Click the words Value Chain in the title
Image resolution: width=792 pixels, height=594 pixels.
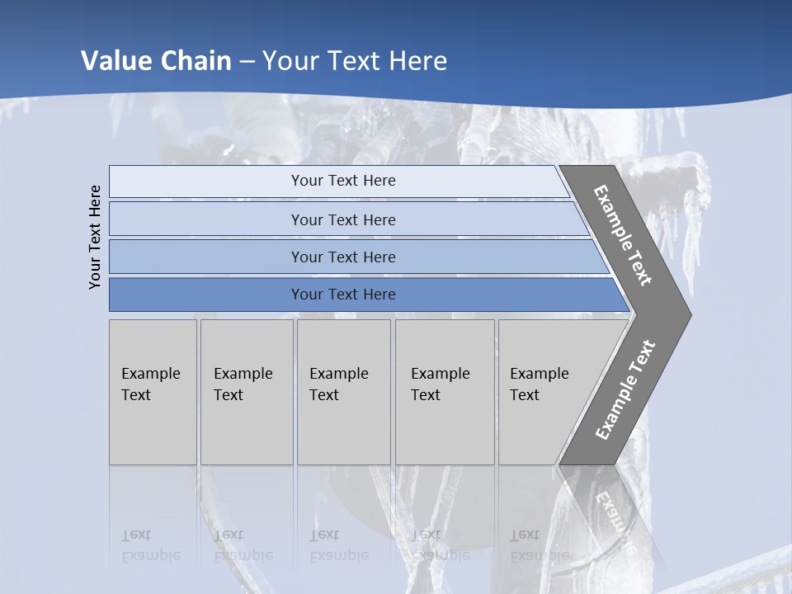pos(156,61)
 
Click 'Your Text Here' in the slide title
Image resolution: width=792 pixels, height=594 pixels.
pos(355,61)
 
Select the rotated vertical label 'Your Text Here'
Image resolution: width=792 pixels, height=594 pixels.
pos(95,237)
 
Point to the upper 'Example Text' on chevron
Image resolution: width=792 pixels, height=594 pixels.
pos(623,235)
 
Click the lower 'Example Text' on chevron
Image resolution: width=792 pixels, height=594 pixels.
pos(625,389)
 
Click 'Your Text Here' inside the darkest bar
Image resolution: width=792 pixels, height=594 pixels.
pos(343,295)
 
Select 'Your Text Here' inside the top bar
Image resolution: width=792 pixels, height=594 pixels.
pos(343,181)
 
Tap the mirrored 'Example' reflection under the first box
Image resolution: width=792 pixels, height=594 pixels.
pos(151,555)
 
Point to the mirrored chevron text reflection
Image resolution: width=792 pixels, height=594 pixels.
pos(615,520)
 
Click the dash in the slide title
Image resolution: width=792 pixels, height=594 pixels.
pos(247,62)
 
